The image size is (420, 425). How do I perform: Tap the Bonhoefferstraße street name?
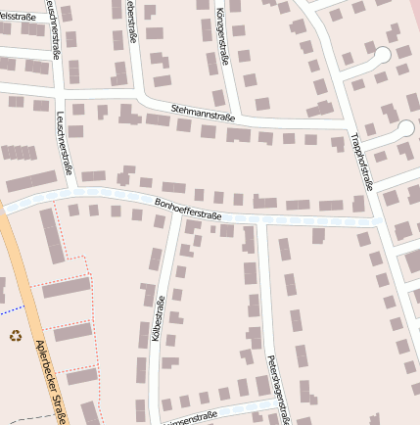tap(188, 208)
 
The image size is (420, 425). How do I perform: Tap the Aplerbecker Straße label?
tap(49, 382)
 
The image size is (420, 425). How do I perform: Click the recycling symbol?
tap(15, 336)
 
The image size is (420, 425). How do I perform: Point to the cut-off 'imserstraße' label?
tap(190, 416)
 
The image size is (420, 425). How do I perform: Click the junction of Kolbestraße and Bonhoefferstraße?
tap(175, 212)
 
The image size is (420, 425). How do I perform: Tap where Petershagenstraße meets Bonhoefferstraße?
tap(263, 219)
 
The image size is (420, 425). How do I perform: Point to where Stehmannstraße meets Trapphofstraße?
tap(348, 126)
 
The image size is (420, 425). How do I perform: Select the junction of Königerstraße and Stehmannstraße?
tap(232, 118)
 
